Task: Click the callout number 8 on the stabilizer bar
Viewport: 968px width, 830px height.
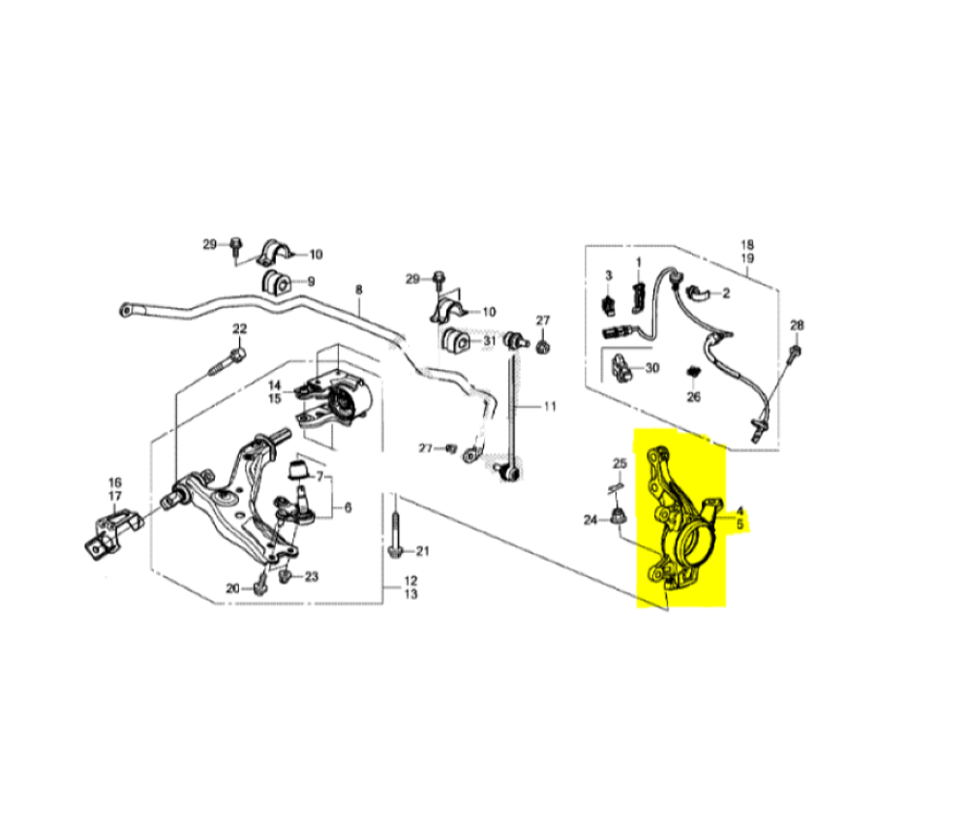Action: (359, 289)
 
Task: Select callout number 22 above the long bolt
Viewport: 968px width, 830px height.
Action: (239, 328)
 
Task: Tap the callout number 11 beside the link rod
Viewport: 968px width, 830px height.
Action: (550, 406)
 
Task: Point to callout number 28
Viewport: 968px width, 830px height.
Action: (797, 324)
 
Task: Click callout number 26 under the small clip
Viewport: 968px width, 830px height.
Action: (693, 396)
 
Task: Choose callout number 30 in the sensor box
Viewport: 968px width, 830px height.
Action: (651, 367)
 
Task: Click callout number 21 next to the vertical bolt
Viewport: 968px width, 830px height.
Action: (422, 550)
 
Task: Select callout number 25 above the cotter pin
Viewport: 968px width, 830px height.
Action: (620, 463)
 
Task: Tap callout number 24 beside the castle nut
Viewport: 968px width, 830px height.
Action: (590, 520)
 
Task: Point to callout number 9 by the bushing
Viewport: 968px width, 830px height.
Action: (311, 281)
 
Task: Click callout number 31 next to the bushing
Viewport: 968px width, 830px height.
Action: (489, 341)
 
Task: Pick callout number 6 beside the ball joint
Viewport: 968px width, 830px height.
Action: (348, 507)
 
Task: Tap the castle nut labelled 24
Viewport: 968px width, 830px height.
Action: (616, 516)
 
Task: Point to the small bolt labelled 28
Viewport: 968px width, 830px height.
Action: (795, 353)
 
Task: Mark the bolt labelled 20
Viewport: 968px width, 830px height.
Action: (260, 582)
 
